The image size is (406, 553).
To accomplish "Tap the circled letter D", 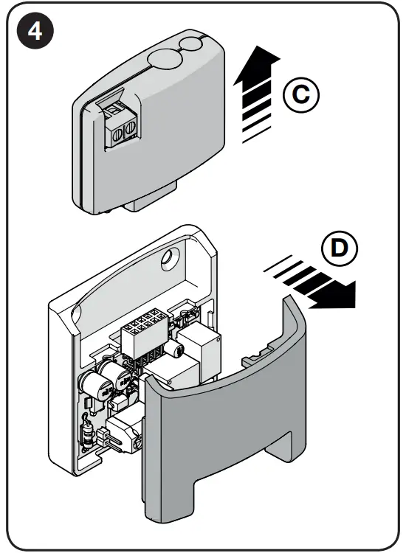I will [x=338, y=248].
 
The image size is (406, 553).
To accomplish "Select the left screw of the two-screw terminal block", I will [x=117, y=131].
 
